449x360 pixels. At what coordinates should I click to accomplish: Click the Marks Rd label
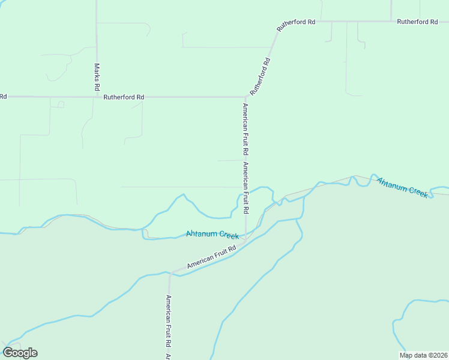[97, 77]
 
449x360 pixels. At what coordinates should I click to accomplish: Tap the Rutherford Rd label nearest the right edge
[417, 22]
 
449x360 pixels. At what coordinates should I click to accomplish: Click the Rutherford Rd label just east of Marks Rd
[124, 97]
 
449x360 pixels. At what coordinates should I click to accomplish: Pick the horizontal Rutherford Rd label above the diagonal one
[296, 22]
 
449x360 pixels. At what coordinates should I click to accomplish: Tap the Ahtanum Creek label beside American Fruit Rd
[212, 234]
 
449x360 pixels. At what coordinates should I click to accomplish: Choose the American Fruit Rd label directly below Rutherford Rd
[245, 130]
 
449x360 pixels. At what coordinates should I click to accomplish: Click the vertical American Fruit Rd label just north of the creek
[245, 188]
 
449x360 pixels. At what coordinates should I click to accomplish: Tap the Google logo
[20, 353]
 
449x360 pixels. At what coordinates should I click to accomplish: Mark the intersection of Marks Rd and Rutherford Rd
[97, 97]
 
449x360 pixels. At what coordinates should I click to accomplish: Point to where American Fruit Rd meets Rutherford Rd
[246, 97]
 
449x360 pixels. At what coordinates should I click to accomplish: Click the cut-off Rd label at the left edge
[3, 97]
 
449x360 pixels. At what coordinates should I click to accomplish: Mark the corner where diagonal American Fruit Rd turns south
[170, 274]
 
